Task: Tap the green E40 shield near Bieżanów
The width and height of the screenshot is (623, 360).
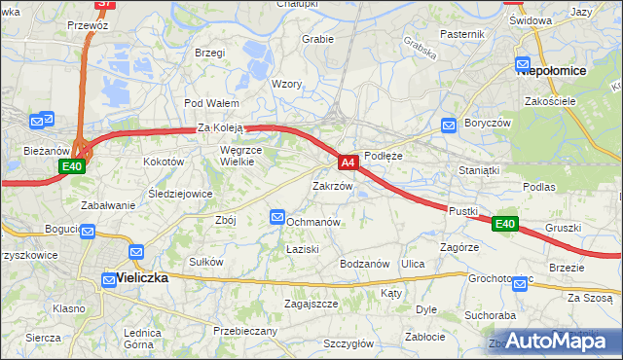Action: (x=71, y=167)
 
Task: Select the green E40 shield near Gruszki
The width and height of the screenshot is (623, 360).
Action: (x=503, y=224)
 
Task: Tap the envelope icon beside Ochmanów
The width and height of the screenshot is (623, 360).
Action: (x=276, y=217)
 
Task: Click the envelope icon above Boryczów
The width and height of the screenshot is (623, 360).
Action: (x=448, y=125)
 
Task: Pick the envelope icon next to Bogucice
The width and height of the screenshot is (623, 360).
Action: (x=88, y=232)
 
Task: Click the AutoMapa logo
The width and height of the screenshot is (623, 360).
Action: (x=560, y=341)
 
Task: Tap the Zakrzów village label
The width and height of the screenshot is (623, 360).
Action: (x=331, y=185)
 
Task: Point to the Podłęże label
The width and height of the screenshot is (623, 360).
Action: (x=383, y=155)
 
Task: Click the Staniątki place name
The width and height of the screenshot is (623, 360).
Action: (x=479, y=170)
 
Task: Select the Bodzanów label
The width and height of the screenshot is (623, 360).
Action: (x=364, y=264)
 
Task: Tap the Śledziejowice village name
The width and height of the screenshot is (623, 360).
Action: (x=180, y=194)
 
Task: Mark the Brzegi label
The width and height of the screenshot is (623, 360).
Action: (x=209, y=53)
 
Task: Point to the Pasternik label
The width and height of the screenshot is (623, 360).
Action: (x=461, y=34)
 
